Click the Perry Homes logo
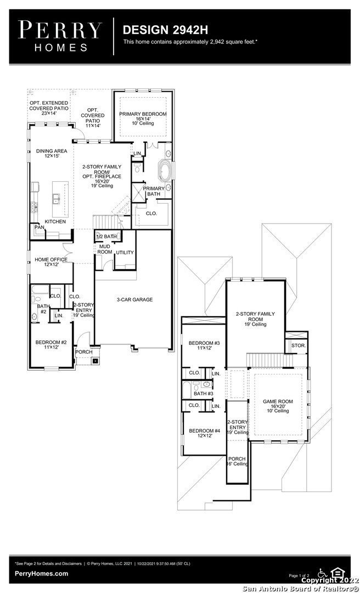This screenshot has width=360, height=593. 60,36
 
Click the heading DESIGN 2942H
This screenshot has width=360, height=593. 165,30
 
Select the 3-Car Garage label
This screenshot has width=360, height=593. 134,300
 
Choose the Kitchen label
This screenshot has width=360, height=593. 55,222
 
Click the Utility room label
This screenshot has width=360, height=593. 125,253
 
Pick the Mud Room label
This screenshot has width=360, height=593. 105,249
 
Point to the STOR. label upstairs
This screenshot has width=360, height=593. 299,346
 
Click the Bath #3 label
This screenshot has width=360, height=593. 204,394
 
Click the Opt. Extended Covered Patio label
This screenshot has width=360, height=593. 49,108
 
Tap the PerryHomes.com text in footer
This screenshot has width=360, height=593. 41,574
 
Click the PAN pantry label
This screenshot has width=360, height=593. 40,227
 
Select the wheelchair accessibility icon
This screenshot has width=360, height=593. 323,572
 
